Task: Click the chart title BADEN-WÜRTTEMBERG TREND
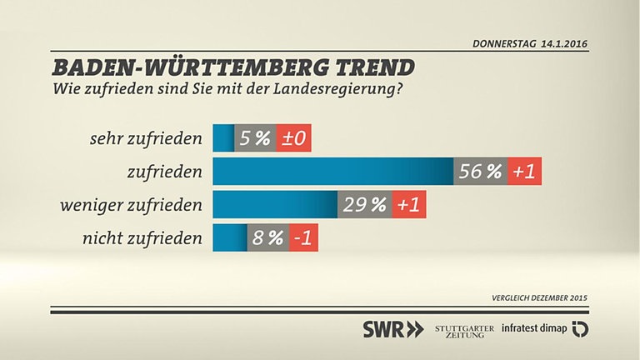234,67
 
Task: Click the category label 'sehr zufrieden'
146,138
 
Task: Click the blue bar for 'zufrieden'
332,172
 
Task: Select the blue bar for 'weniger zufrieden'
275,205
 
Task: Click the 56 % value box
481,172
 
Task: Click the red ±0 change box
293,138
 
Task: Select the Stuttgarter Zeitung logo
462,329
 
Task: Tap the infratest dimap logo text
533,329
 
